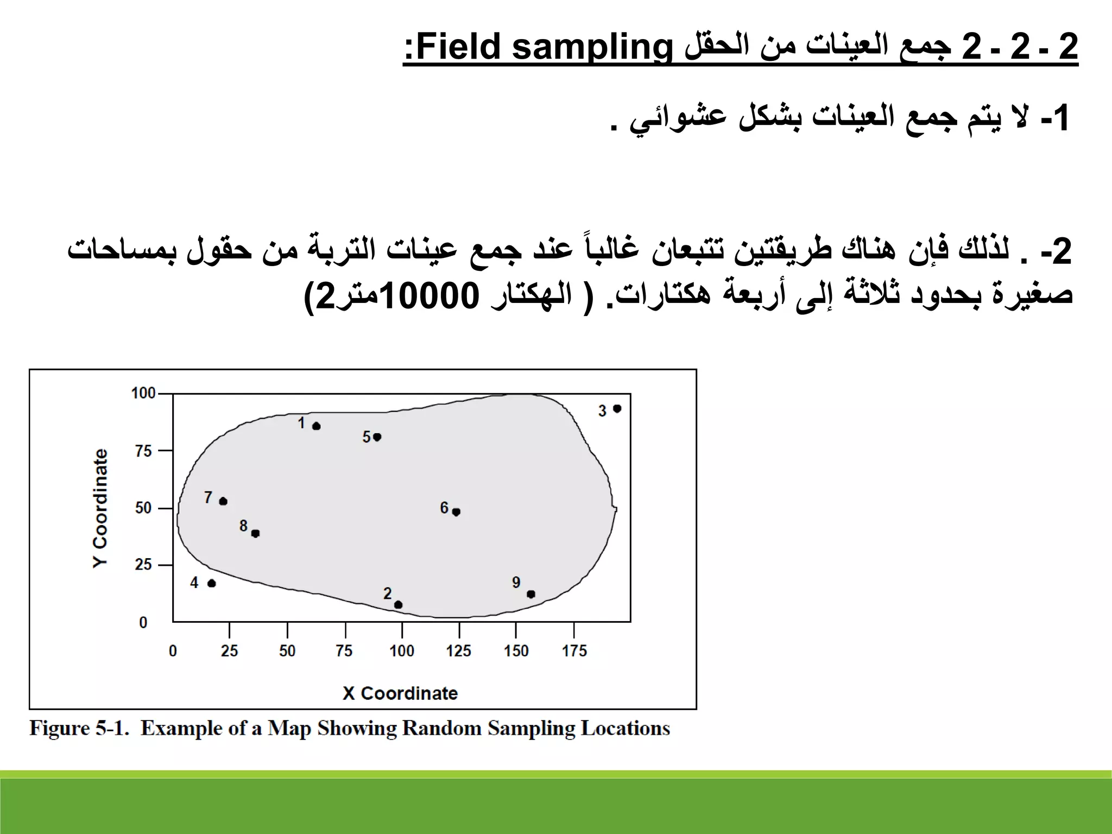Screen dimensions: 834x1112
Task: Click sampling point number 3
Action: coord(617,408)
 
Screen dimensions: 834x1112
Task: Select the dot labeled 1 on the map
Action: coord(317,426)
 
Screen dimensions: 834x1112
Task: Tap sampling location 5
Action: coord(377,437)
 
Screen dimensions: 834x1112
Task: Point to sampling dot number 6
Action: coord(456,511)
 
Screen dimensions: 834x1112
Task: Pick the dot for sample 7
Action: coord(223,501)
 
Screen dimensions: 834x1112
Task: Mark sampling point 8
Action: coord(255,533)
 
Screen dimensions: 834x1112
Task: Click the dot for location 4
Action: coord(212,583)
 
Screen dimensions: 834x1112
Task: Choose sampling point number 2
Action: coord(398,604)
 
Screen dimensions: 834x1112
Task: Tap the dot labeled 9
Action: coord(531,594)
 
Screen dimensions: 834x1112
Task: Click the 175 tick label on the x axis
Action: coord(574,650)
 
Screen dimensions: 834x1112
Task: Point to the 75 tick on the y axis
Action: coord(143,451)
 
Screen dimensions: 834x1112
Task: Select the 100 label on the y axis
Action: coord(143,393)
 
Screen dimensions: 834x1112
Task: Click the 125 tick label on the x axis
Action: coord(459,650)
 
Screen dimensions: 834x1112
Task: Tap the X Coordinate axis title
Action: coord(400,693)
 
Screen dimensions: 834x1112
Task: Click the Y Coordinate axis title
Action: coord(100,508)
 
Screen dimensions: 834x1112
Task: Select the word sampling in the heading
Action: coord(592,48)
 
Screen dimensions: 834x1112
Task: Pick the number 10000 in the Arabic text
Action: coord(430,296)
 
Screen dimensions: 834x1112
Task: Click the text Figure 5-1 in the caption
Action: coord(79,728)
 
